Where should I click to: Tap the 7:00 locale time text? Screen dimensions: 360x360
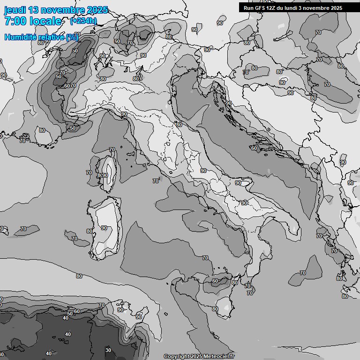33,21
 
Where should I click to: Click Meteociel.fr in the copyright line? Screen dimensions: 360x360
219,356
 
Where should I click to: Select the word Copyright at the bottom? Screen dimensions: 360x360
176,356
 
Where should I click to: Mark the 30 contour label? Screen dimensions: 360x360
108,350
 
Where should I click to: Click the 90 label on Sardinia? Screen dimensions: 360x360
104,228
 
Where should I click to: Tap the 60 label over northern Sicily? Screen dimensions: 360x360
215,281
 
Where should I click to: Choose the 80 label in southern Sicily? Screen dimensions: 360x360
215,309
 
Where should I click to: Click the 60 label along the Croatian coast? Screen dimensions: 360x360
254,148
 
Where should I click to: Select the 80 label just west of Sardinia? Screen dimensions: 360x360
89,231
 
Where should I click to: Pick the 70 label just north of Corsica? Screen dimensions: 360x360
112,150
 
